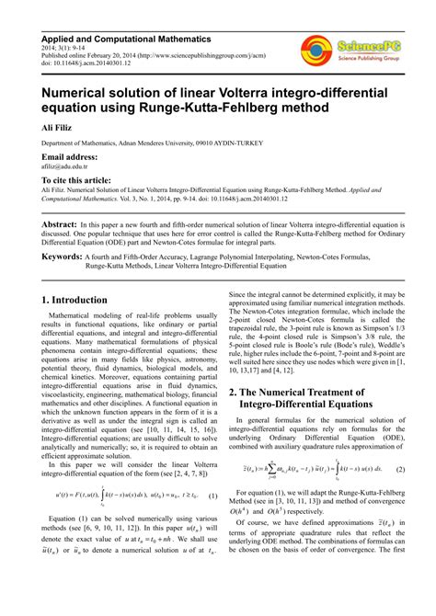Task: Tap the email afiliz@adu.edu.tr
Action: (x=64, y=166)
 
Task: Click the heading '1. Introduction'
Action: (x=80, y=300)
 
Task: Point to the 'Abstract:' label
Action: (x=60, y=224)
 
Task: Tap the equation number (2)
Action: (x=400, y=494)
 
